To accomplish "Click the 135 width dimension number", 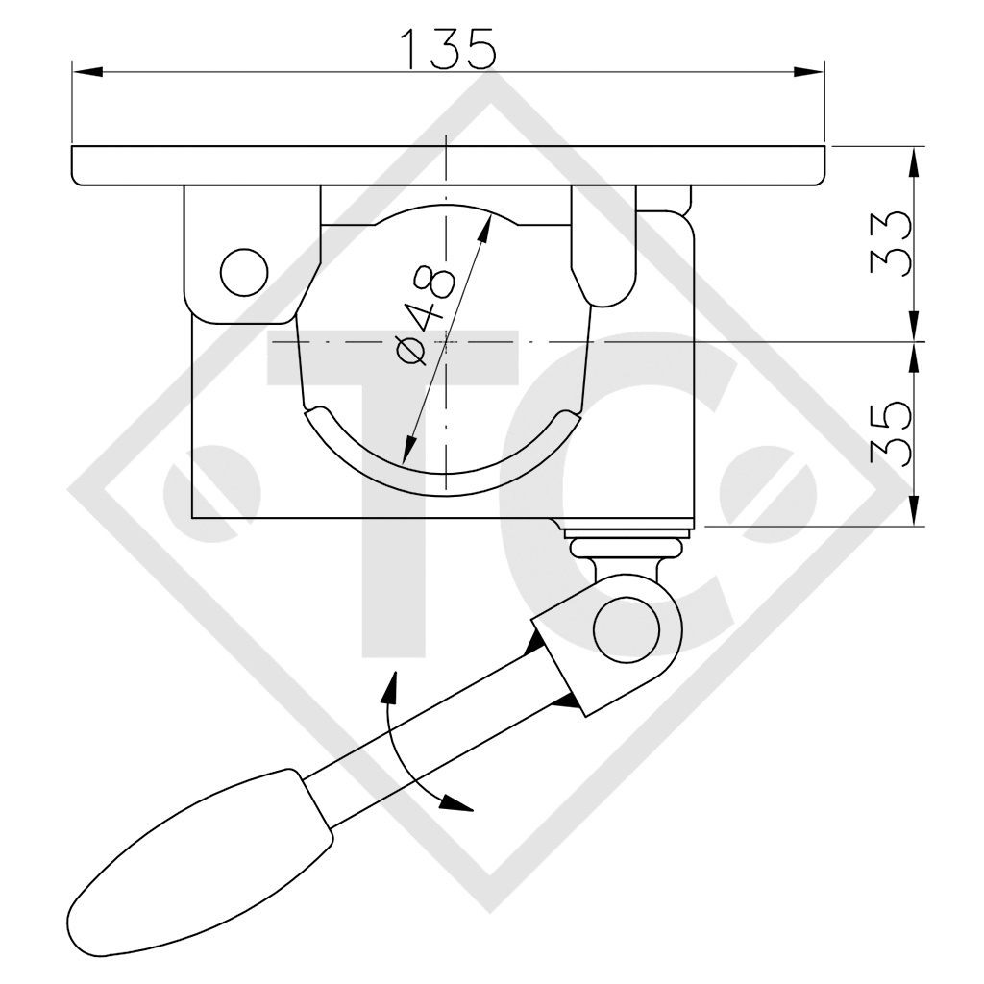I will click(x=448, y=48).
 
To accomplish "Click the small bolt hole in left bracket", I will click(x=243, y=271).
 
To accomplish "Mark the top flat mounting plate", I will click(x=448, y=164).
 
